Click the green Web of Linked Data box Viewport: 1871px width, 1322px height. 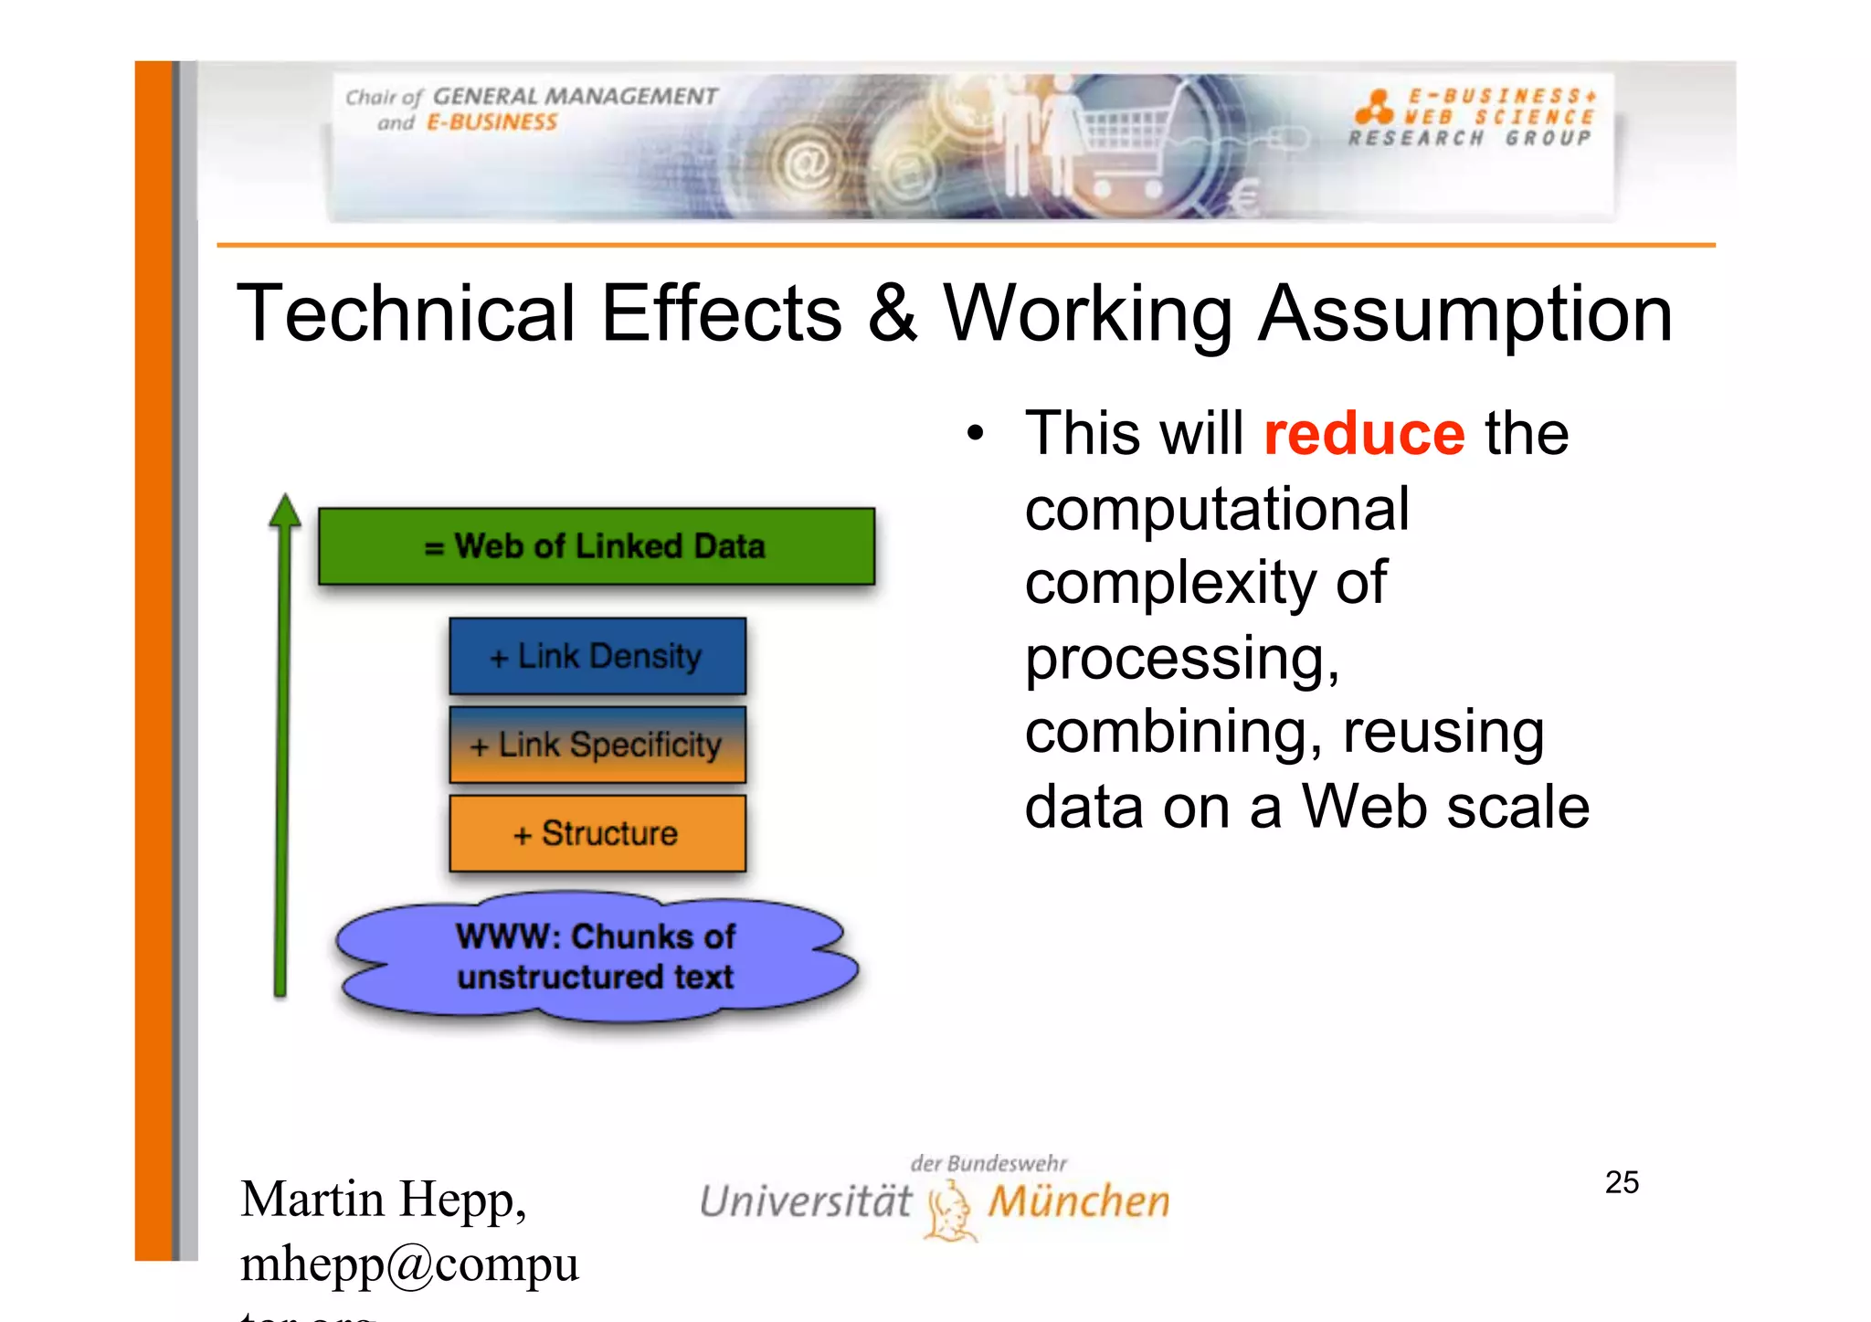(x=596, y=546)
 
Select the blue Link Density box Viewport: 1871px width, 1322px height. (x=597, y=656)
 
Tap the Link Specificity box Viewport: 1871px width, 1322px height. (x=597, y=745)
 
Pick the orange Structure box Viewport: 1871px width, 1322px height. (x=597, y=833)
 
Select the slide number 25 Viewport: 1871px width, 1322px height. (x=1622, y=1182)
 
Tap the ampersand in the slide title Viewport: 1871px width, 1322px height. (x=892, y=313)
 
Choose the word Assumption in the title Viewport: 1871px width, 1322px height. (x=1465, y=313)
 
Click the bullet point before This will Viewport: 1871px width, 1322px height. (x=976, y=434)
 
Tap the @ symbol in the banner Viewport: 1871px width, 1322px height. (x=807, y=164)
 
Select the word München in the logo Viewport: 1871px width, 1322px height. (x=1079, y=1201)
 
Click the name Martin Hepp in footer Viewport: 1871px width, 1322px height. (x=383, y=1199)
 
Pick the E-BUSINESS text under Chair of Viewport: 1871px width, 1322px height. (x=492, y=122)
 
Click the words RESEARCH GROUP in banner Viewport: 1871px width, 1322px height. (x=1469, y=138)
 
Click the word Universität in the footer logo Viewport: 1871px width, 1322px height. (x=805, y=1201)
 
